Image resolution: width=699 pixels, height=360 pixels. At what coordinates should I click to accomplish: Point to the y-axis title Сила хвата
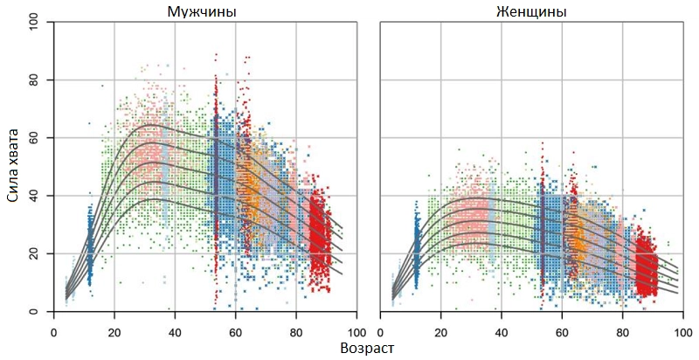(14, 167)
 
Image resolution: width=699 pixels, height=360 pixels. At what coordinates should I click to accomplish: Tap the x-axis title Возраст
(368, 349)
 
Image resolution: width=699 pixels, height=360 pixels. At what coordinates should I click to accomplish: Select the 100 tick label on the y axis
(37, 23)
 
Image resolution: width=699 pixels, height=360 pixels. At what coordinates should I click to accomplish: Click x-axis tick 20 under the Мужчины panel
(114, 331)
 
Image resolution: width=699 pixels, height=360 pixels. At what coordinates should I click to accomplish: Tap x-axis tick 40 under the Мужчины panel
(175, 331)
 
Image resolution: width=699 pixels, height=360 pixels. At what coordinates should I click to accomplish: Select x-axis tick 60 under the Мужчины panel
(235, 331)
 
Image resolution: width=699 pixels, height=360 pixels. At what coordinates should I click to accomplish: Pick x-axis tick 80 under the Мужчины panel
(296, 331)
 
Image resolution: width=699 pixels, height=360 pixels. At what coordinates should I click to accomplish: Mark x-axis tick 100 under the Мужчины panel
(356, 331)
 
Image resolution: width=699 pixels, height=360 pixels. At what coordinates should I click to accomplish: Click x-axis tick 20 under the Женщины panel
(440, 331)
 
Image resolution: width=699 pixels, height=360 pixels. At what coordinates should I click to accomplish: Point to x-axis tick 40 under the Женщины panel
(502, 331)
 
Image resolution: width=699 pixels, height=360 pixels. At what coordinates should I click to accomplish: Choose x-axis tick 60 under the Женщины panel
(562, 331)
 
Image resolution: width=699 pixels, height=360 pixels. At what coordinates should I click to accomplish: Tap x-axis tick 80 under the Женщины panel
(623, 331)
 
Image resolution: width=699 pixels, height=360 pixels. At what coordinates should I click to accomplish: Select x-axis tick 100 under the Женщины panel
(682, 331)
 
